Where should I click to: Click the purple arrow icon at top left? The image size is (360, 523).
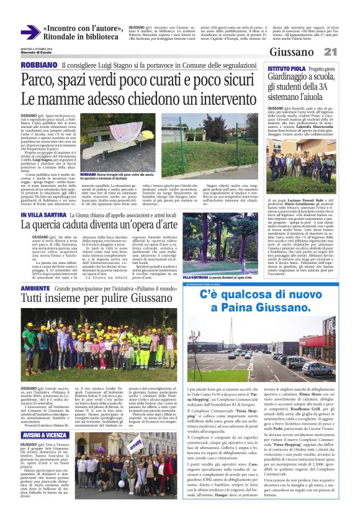coord(29,32)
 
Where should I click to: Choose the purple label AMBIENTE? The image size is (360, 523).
coord(37,288)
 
